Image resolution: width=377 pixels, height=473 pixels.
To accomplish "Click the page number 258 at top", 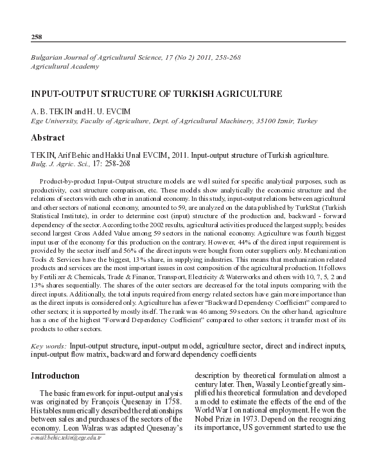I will [37, 36].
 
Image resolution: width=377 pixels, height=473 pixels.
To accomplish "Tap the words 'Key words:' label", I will [48, 346].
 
